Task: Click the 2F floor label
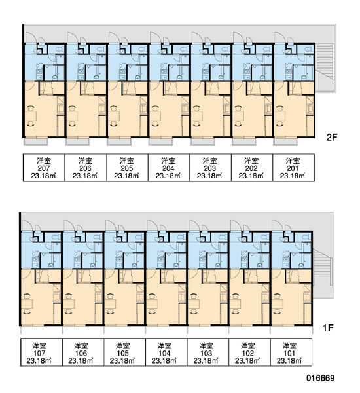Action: coord(332,137)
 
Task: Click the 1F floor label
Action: coord(328,327)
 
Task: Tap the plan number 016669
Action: coord(321,378)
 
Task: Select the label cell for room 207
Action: coord(44,168)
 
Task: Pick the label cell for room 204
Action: coord(169,168)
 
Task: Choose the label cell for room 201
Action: coord(293,168)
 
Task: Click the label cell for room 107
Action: coord(41,352)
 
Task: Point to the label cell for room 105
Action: coord(124,352)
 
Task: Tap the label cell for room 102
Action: coord(249,352)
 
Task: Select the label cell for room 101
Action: coord(291,352)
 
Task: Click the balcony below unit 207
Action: coord(36,141)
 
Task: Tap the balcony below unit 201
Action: coord(285,141)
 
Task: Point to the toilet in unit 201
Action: coord(308,48)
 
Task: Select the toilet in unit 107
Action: coord(56,237)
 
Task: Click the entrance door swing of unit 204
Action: coord(155,37)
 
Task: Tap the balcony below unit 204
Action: coord(160,141)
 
